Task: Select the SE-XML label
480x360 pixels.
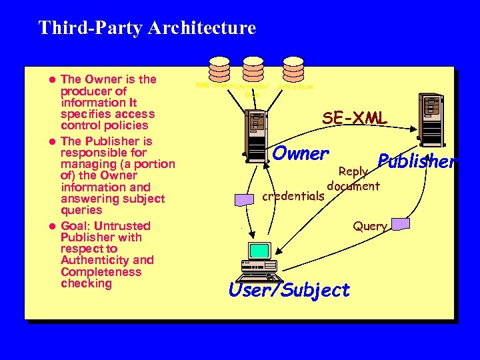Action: tap(355, 119)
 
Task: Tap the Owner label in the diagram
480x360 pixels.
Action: tap(301, 153)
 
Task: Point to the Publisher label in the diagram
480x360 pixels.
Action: tap(417, 161)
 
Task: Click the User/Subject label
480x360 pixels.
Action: tap(289, 290)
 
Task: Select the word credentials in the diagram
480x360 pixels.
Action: tap(293, 197)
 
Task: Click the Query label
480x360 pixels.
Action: tap(369, 226)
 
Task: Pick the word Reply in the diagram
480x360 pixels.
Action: tap(353, 171)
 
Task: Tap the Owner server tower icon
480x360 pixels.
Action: tap(255, 127)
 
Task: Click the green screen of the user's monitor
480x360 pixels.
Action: tap(258, 251)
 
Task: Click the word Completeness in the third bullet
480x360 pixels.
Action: tap(101, 272)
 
